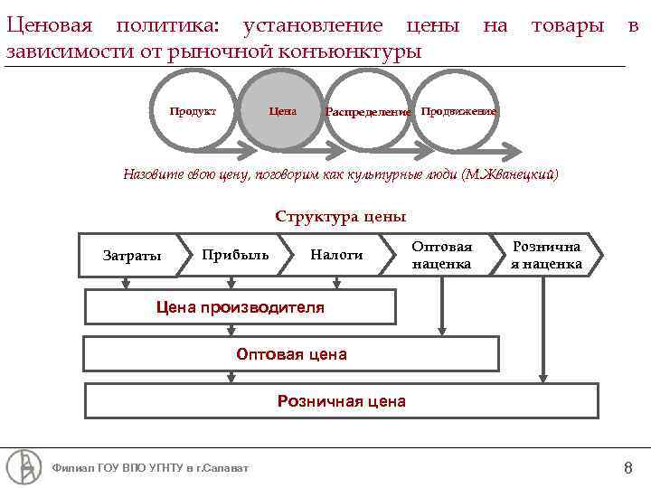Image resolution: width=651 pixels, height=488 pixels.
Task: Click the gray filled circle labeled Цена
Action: tap(283, 111)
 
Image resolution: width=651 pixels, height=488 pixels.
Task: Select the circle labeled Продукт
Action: tap(193, 111)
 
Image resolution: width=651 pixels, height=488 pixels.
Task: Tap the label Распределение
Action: tap(368, 112)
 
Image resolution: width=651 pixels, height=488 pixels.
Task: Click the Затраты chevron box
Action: tap(132, 255)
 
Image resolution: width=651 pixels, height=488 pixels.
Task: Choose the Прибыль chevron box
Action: tap(235, 255)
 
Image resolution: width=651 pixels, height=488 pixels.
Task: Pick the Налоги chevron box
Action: tap(336, 255)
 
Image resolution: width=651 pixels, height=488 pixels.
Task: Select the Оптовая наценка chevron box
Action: tap(441, 255)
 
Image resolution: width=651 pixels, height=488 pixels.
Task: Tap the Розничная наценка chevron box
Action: tap(546, 255)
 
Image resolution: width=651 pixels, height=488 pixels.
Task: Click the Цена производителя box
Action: tap(241, 306)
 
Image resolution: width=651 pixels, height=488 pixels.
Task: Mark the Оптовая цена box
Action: tap(291, 354)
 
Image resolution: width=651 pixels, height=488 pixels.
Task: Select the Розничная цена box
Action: tap(341, 401)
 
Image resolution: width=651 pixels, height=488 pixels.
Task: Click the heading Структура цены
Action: tap(340, 217)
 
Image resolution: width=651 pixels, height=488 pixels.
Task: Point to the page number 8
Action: tap(627, 467)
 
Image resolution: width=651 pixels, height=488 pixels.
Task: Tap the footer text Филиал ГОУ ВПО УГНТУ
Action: tap(151, 468)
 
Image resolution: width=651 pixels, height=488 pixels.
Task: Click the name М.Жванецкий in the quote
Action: tap(510, 174)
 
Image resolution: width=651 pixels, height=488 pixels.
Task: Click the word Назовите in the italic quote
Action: tap(156, 174)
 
